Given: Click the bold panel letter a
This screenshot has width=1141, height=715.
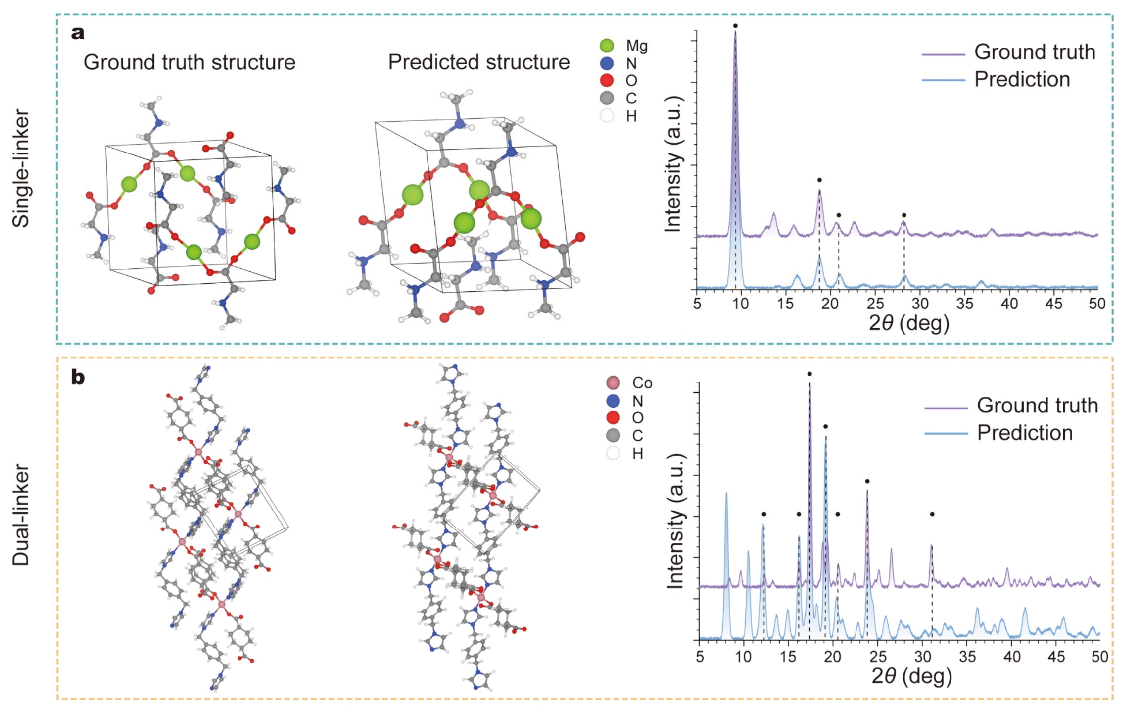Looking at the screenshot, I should click(78, 33).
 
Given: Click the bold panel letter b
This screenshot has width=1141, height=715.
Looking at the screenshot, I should click(78, 377).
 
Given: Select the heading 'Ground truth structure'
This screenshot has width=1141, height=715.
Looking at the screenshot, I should click(189, 62).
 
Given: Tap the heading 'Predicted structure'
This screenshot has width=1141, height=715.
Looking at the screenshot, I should click(478, 62).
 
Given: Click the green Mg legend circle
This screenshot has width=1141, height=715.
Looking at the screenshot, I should click(607, 46).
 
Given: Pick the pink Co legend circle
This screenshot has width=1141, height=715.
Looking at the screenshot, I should click(613, 383).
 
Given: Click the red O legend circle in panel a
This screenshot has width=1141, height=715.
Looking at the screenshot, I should click(607, 80).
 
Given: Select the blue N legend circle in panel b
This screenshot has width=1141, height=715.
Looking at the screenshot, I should click(613, 401).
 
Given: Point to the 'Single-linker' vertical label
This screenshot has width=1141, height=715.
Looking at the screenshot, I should click(21, 168).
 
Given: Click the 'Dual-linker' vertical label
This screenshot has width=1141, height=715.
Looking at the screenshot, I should click(21, 515).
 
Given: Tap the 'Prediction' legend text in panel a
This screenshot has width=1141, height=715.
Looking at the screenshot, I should click(1022, 79).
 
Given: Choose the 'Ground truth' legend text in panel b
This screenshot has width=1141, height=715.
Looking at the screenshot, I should click(1037, 406).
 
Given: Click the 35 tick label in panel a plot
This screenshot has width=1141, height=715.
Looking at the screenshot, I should click(964, 304).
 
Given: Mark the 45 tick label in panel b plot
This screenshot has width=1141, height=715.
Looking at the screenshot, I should click(1055, 657).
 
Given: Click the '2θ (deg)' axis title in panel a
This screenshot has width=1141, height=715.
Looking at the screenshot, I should click(909, 323).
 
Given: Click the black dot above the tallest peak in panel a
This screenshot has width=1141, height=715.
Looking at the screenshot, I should click(735, 26).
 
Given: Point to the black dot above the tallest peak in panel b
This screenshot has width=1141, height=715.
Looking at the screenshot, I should click(809, 374).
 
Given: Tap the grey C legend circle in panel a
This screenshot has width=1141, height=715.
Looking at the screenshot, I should click(607, 98).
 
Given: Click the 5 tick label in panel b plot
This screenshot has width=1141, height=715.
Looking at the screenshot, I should click(700, 657).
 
